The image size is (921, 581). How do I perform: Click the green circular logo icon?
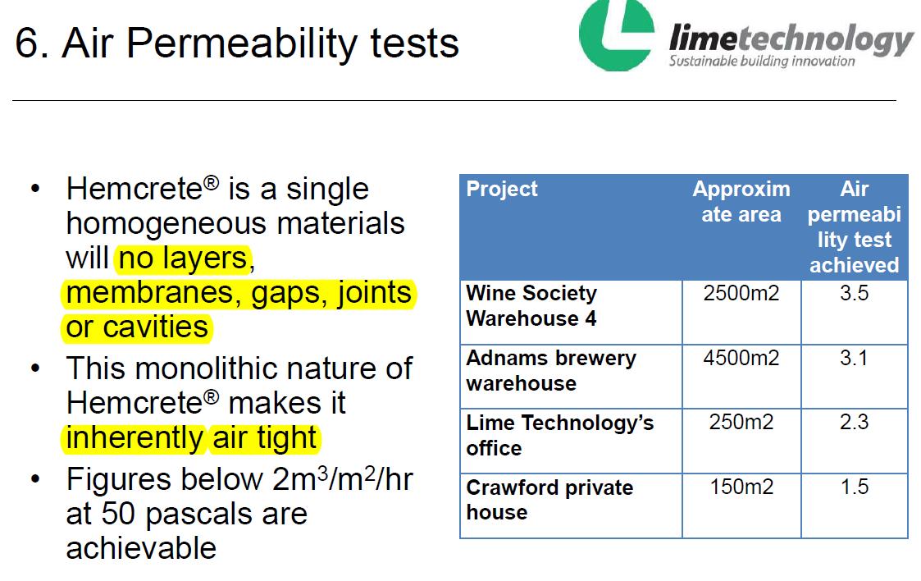[616, 35]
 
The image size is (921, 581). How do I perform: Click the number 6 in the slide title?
[27, 43]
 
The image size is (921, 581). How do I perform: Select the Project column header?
[502, 189]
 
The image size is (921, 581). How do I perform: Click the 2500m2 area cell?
[741, 293]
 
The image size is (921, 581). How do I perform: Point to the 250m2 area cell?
[741, 422]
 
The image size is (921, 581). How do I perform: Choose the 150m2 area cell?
[741, 487]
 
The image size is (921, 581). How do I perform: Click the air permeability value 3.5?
[854, 293]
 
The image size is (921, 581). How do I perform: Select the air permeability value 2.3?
[854, 422]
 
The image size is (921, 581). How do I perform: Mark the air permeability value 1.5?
[854, 487]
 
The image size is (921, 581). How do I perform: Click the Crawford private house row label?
[549, 499]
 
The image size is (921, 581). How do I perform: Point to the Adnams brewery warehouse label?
[551, 370]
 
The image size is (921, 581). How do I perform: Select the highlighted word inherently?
[135, 438]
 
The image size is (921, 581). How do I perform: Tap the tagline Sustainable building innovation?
[762, 61]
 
